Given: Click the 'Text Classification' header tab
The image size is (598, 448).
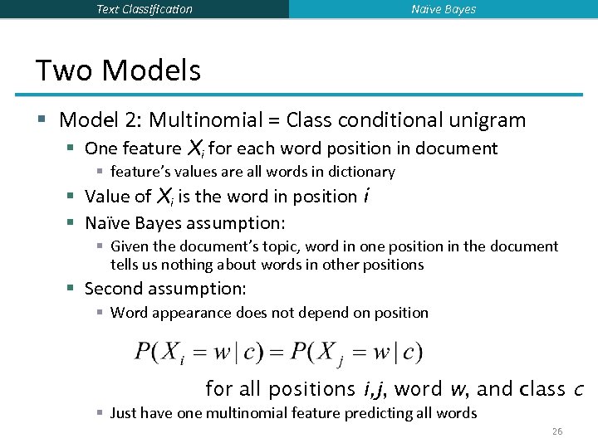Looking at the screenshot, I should (145, 9).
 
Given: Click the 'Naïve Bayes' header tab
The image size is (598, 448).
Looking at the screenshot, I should (444, 9).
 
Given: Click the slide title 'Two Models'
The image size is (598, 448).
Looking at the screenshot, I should (118, 70).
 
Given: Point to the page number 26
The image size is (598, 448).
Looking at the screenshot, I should (556, 431).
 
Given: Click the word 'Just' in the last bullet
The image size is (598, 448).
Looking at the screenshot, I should (124, 413).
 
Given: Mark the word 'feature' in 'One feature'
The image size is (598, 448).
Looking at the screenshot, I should (150, 149).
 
